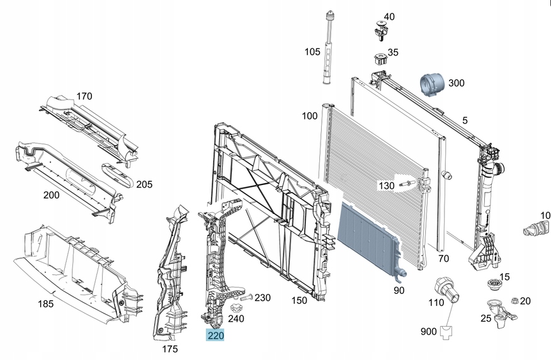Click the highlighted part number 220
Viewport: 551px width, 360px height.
click(215, 335)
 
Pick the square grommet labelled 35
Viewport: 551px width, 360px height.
click(379, 59)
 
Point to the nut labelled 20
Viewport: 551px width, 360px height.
click(514, 301)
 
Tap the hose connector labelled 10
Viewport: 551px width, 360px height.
click(535, 228)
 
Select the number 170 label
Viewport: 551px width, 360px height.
click(84, 96)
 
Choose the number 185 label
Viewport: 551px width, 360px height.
click(45, 304)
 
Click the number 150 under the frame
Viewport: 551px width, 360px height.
click(299, 300)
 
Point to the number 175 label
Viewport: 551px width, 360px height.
click(170, 349)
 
